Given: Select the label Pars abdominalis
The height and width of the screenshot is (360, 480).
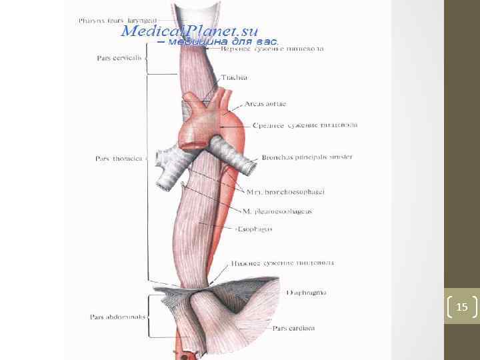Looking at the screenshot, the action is (117, 317).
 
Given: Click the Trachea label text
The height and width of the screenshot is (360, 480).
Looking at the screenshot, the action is (233, 77).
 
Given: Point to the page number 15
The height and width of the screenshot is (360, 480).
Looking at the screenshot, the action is (462, 307).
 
